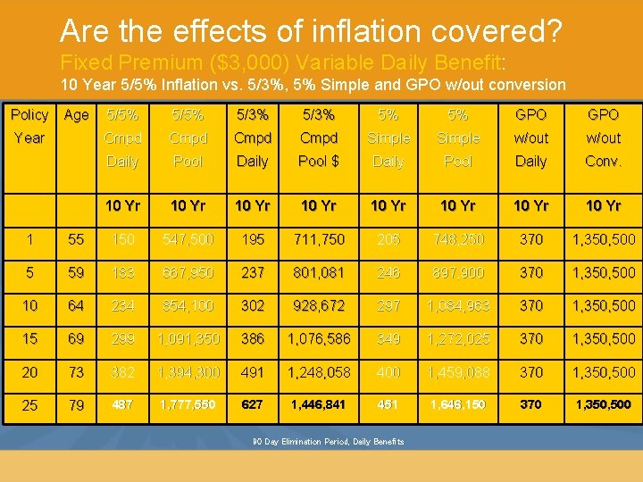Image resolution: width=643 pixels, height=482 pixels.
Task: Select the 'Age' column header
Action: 77,115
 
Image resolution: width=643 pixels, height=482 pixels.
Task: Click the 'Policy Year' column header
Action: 29,127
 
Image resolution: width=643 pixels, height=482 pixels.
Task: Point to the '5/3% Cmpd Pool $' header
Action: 319,138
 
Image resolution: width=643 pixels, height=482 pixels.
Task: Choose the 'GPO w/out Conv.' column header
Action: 603,138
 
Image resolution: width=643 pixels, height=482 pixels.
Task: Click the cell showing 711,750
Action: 319,240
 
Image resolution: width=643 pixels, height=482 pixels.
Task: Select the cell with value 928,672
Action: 319,306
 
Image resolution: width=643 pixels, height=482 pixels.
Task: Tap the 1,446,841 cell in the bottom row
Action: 319,405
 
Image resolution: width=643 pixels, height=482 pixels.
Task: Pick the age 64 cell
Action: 77,306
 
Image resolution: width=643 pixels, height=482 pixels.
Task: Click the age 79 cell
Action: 77,405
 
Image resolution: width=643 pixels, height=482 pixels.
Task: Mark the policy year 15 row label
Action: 29,339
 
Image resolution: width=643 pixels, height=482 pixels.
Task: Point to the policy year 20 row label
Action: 29,372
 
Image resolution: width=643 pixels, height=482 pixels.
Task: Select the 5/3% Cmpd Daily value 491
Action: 252,372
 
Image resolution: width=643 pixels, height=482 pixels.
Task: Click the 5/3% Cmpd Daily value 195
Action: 252,240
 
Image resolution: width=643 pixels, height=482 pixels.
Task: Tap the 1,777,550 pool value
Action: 188,405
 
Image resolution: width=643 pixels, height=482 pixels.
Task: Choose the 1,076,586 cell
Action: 319,339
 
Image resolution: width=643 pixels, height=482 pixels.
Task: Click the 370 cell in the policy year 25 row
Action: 531,405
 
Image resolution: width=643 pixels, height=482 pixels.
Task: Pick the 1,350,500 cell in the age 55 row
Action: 603,240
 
